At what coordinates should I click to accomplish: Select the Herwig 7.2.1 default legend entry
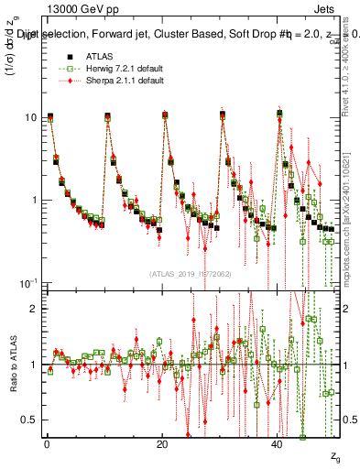tap(118, 69)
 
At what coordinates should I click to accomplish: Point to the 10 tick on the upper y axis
tap(31, 118)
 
